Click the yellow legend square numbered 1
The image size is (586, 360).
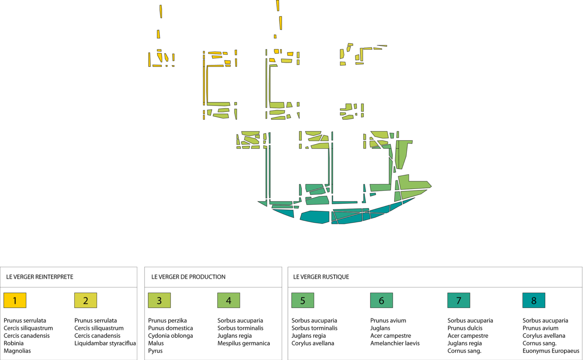point(15,300)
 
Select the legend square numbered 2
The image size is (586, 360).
point(86,300)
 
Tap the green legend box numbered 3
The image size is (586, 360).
point(159,300)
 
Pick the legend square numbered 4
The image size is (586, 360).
point(229,300)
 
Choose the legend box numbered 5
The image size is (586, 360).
point(302,300)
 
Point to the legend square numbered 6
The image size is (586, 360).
point(381,300)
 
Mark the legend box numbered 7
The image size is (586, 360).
point(458,300)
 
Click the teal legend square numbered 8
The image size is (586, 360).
point(533,300)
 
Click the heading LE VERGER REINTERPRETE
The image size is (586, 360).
point(40,277)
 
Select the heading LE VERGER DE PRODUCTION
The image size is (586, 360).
point(188,277)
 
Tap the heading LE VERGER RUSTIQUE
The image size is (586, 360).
point(321,277)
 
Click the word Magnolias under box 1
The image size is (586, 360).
point(17,351)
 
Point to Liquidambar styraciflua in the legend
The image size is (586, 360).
point(105,343)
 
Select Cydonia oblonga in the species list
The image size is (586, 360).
point(171,336)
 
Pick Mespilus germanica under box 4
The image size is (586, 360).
point(244,343)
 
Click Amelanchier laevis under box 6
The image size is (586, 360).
point(395,343)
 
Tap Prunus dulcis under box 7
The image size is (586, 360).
point(465,328)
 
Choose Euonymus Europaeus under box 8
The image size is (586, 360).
point(551,351)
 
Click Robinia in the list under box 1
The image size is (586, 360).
point(14,343)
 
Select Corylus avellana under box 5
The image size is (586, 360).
point(313,343)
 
